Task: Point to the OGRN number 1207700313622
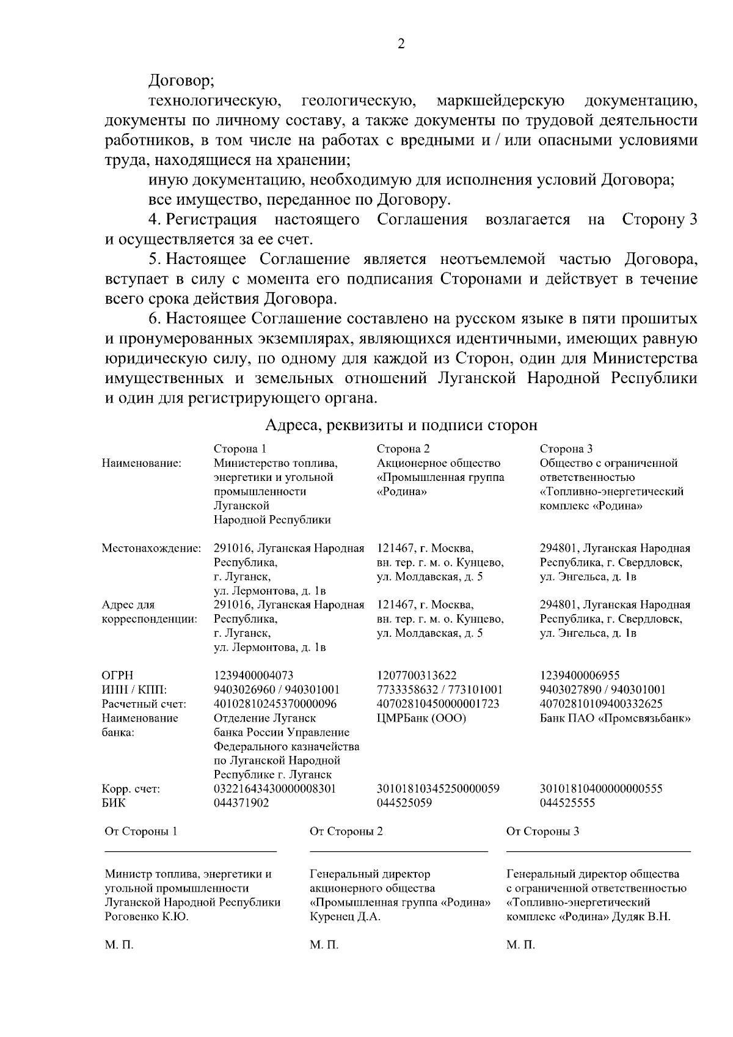(x=417, y=675)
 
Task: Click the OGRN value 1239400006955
(x=580, y=675)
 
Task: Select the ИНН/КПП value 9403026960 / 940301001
(x=276, y=690)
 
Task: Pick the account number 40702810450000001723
(x=438, y=704)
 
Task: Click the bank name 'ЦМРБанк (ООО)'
(x=421, y=718)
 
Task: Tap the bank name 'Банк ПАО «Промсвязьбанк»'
(x=615, y=718)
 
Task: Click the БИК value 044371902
(x=241, y=803)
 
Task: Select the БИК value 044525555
(x=567, y=803)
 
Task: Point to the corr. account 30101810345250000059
(x=438, y=789)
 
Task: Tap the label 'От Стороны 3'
(x=543, y=831)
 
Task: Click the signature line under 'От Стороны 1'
(x=191, y=851)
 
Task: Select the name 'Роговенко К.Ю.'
(x=147, y=917)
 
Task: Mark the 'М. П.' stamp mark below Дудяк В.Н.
(x=520, y=945)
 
